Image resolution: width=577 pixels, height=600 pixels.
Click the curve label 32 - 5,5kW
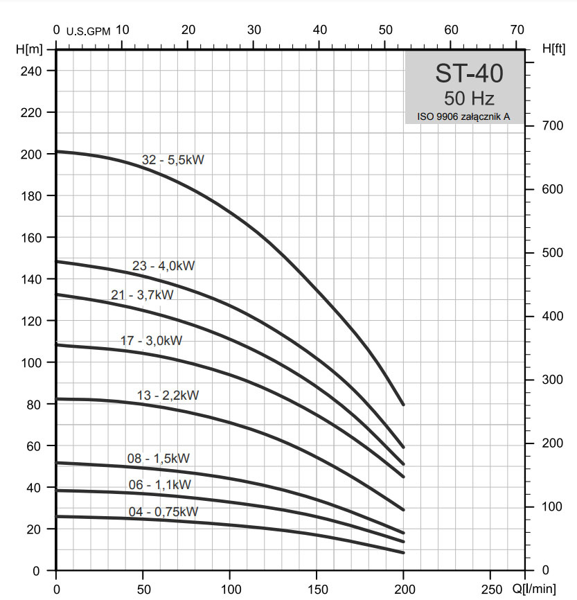[173, 160]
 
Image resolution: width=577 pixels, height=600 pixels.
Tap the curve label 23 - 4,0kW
[163, 266]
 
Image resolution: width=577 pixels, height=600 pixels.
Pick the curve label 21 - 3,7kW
[142, 295]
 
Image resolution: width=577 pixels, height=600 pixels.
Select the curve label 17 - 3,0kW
[151, 341]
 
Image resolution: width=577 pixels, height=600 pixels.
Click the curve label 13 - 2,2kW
[168, 396]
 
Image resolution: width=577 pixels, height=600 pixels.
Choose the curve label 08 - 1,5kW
[158, 458]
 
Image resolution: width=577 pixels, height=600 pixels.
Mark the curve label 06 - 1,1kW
[159, 485]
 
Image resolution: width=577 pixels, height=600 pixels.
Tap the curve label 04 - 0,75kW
[163, 512]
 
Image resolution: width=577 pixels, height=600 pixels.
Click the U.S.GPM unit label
[88, 31]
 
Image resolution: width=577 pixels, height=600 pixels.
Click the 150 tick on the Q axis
[317, 589]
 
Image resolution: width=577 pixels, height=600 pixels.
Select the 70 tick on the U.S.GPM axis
[517, 30]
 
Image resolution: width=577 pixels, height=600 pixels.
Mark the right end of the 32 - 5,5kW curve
[403, 404]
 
